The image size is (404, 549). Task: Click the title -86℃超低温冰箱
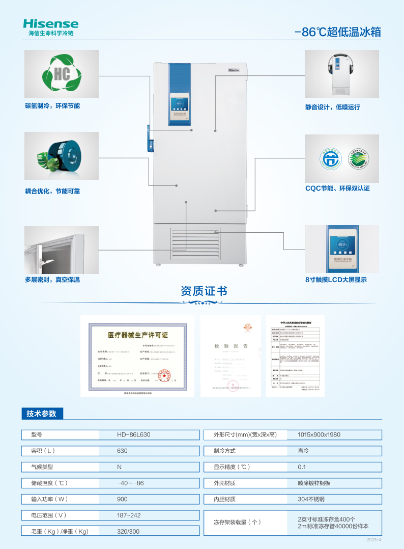[337, 32]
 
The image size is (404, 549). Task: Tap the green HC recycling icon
[62, 74]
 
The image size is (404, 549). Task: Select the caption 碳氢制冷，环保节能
[52, 106]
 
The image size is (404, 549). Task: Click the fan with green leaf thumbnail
[62, 156]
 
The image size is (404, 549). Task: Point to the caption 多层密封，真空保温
[52, 280]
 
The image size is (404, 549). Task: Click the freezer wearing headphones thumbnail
[341, 74]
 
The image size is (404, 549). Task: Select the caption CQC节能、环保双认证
[337, 188]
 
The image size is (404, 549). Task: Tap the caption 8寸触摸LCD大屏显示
[336, 280]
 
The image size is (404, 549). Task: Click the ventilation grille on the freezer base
[197, 243]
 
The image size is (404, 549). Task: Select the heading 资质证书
[204, 291]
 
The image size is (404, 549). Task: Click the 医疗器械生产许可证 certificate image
[137, 355]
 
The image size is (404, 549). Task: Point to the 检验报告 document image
[230, 355]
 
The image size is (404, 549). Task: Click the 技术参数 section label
[42, 414]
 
